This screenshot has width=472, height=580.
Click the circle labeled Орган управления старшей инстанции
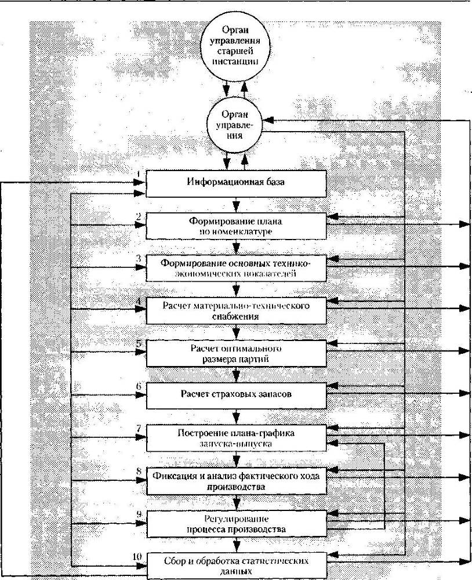tap(235, 45)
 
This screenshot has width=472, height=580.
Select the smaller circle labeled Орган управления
tap(235, 125)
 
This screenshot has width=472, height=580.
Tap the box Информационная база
tap(236, 183)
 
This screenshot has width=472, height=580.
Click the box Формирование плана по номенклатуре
tap(236, 226)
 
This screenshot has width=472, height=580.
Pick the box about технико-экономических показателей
tap(236, 268)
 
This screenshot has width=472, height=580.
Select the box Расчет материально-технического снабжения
tap(236, 311)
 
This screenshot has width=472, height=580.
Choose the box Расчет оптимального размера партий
tap(236, 353)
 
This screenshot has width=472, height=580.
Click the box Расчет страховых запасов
tap(236, 396)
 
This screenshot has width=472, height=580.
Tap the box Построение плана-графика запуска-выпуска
tap(236, 438)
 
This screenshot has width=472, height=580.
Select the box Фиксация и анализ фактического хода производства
tap(236, 481)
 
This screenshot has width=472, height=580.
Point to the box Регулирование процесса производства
tap(236, 524)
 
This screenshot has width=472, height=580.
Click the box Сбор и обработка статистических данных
tap(236, 566)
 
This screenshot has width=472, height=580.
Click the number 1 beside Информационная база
tap(139, 173)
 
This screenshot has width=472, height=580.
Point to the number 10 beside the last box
tap(137, 556)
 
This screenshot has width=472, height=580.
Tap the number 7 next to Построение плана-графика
tap(139, 429)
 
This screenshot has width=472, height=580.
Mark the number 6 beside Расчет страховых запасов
tap(139, 386)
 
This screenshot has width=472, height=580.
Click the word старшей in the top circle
tap(235, 50)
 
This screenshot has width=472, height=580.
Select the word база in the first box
tap(275, 182)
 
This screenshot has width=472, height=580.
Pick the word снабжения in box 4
tap(235, 317)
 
